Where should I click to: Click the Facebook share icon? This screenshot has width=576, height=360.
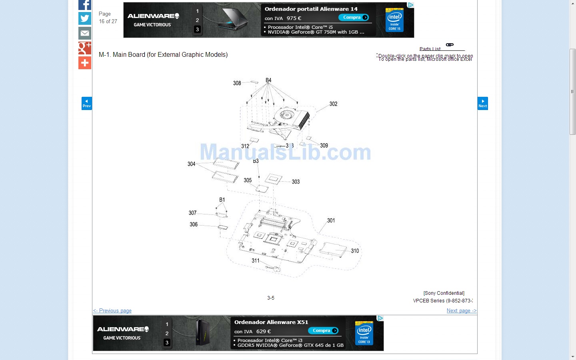click(85, 4)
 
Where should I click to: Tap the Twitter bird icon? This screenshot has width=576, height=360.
click(85, 18)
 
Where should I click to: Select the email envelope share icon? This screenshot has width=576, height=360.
click(85, 33)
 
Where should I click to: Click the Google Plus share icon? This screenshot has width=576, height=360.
click(85, 48)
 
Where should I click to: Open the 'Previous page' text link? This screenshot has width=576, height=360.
click(112, 311)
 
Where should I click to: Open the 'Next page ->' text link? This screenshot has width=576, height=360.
click(462, 311)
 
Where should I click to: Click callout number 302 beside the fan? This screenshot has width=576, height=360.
click(333, 104)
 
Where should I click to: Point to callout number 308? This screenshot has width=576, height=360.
click(237, 83)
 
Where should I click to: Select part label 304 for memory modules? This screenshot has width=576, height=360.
click(192, 164)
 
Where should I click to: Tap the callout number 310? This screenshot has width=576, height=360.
click(355, 251)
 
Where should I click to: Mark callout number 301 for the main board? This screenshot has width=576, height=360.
click(331, 220)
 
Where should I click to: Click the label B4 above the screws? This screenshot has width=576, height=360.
click(268, 80)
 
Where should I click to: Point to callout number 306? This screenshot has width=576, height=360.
click(194, 224)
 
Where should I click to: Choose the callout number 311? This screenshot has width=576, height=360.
click(256, 260)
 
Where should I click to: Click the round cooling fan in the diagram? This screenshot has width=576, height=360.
click(286, 115)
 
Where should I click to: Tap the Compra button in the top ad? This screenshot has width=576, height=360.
click(354, 17)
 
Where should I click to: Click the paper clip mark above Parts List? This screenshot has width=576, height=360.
click(450, 45)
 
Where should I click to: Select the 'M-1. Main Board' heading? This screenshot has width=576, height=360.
click(163, 55)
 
